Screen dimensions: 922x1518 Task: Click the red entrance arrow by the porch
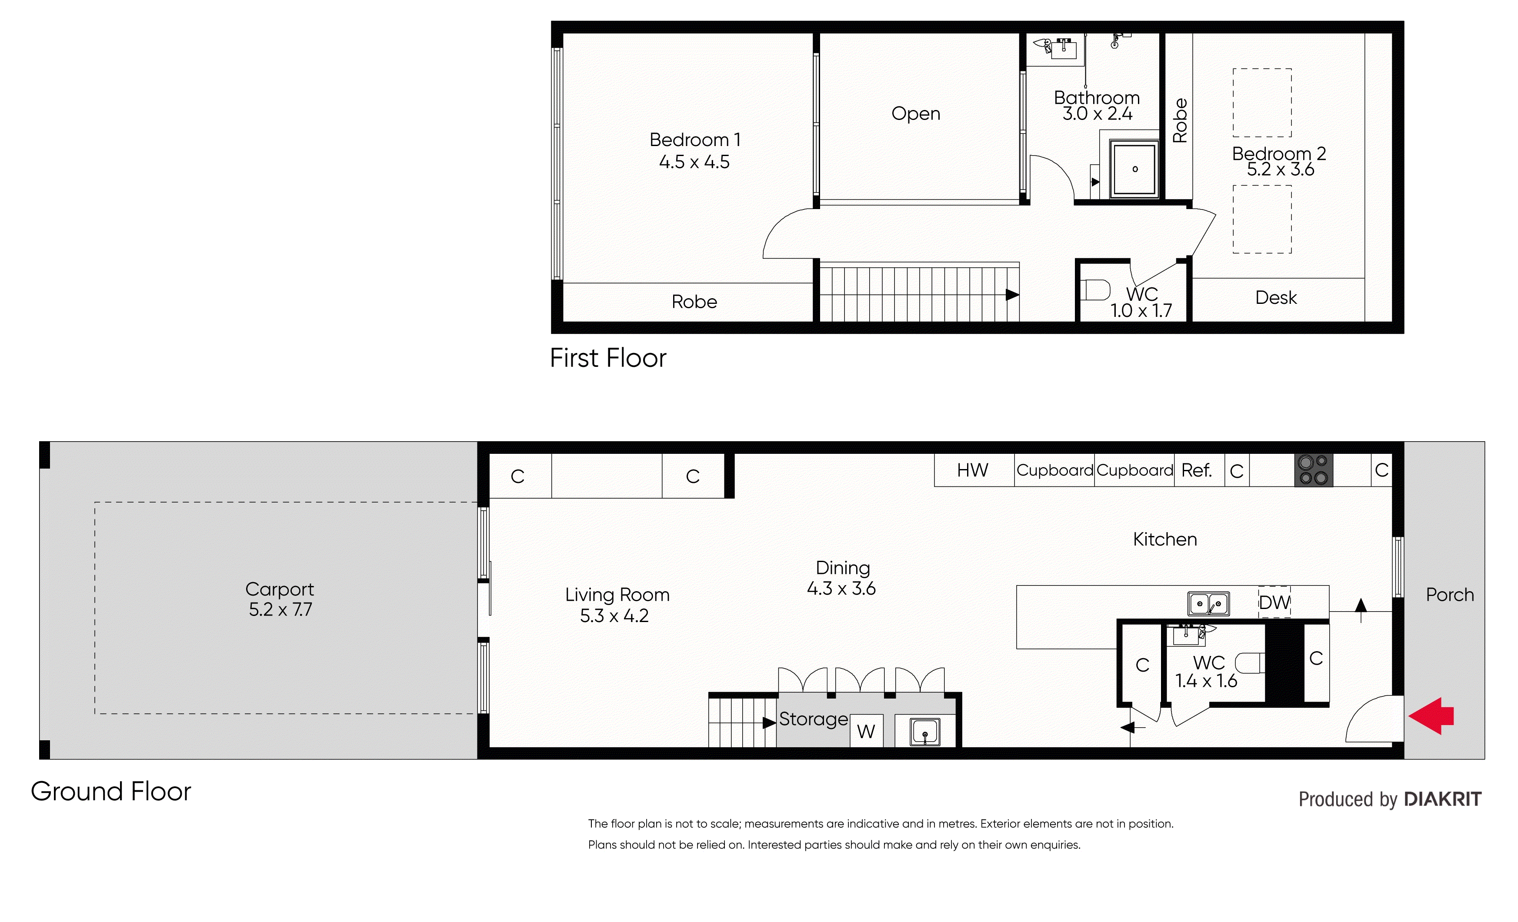(x=1431, y=716)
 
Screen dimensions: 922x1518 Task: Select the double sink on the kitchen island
(x=1208, y=603)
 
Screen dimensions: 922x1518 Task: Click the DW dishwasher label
(x=1274, y=602)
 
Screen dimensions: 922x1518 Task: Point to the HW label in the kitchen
(x=972, y=470)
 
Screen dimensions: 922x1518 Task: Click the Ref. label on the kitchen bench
(x=1196, y=470)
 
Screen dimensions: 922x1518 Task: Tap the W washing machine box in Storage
(x=866, y=731)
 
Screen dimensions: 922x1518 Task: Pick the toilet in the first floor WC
(x=1095, y=290)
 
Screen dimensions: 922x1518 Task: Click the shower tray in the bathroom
(x=1134, y=169)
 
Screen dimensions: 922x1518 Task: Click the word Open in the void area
(x=915, y=113)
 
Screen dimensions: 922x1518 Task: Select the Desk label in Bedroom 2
(x=1275, y=297)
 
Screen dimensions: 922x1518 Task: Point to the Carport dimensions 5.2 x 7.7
(x=280, y=609)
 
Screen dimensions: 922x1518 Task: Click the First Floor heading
(x=607, y=358)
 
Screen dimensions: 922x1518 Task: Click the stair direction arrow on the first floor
(x=1011, y=295)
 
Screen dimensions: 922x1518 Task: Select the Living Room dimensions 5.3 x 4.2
(x=614, y=615)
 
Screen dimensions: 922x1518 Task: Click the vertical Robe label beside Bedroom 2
(x=1179, y=120)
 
